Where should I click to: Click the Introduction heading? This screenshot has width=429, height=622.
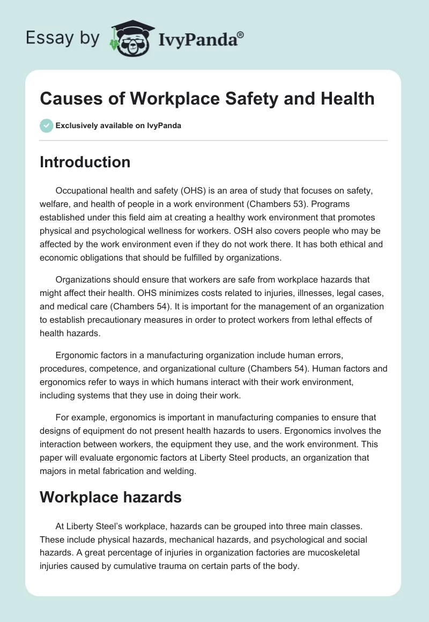pyautogui.click(x=85, y=162)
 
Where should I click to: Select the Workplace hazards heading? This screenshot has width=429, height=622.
pyautogui.click(x=110, y=497)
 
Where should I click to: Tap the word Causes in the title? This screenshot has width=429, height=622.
pyautogui.click(x=66, y=99)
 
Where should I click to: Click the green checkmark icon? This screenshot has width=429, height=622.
pyautogui.click(x=46, y=125)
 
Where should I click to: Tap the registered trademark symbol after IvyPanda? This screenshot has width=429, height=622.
pyautogui.click(x=241, y=35)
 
